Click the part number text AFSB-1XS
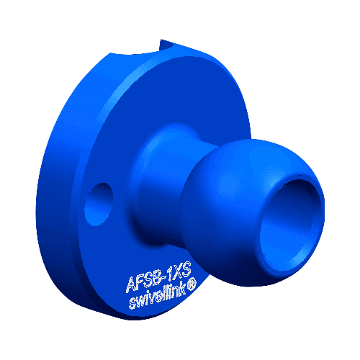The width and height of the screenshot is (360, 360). [x=157, y=275]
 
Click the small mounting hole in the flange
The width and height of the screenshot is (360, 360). [x=99, y=204]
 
